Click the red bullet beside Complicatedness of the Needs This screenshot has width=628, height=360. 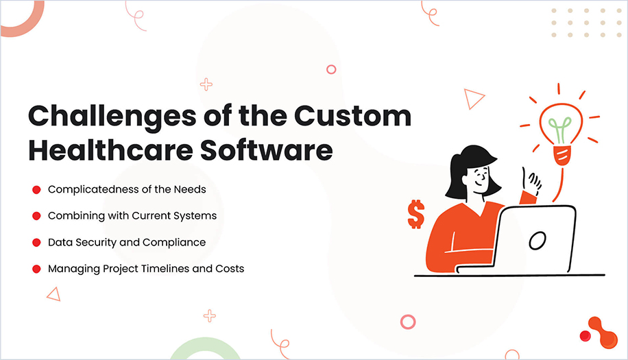[x=36, y=189]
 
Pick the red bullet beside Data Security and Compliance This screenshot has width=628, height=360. [x=36, y=243]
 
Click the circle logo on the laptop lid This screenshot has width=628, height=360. [x=538, y=240]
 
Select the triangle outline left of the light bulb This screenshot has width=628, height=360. [x=472, y=99]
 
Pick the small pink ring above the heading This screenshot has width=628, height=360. [x=331, y=69]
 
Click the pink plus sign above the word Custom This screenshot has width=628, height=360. [x=206, y=84]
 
